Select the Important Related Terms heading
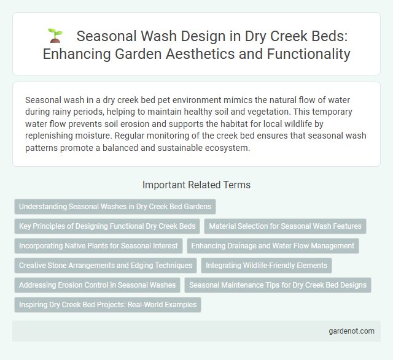coord(196,184)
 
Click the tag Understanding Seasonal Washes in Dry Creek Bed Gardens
coord(115,207)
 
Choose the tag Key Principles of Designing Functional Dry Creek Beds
coord(107,226)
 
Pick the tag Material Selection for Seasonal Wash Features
coord(285,226)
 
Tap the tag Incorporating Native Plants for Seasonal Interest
coord(98,246)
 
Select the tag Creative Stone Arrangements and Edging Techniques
coord(105,266)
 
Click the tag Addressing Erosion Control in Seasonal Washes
coord(98,285)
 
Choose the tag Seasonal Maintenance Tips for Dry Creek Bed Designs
coord(278,285)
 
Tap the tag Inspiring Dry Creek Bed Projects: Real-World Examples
coord(107,305)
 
